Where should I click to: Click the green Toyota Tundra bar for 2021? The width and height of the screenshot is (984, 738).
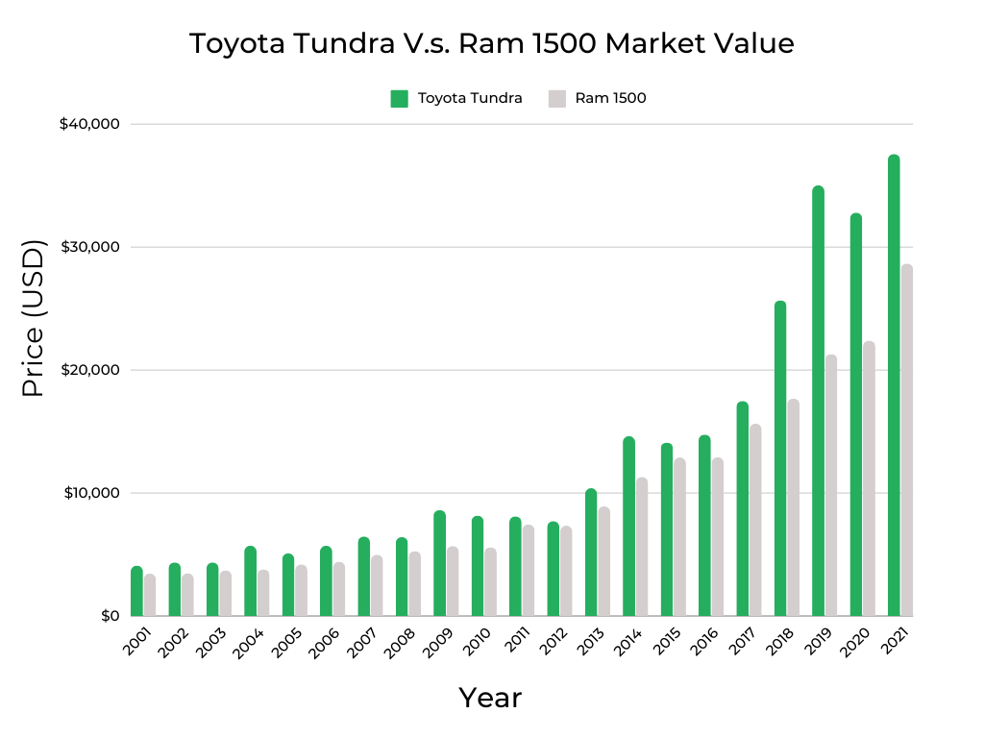coord(894,384)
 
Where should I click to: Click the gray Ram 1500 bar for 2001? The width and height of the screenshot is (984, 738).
coord(150,595)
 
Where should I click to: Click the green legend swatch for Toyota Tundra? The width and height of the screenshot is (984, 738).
coord(400,98)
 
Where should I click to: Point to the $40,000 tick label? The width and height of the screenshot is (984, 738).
coord(88,124)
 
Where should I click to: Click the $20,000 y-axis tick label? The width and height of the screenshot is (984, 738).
coord(88,370)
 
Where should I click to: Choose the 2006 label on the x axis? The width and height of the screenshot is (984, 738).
coord(324,640)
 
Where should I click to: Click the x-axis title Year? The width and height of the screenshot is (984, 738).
coord(490,698)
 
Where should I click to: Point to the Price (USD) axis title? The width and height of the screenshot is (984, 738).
coord(34,319)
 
